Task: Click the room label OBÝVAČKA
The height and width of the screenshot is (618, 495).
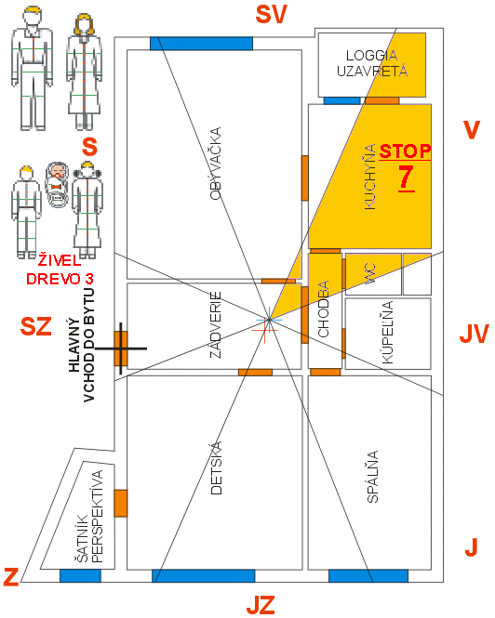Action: (x=216, y=164)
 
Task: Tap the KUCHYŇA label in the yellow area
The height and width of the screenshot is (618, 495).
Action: (x=370, y=177)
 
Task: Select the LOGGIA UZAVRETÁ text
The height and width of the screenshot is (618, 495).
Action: (x=372, y=63)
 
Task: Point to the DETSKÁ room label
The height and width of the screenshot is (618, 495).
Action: (x=216, y=467)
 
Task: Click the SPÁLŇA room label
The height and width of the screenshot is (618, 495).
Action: (x=372, y=477)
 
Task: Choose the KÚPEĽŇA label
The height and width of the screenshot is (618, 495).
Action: (x=388, y=333)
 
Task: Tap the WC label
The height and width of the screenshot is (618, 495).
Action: (x=370, y=273)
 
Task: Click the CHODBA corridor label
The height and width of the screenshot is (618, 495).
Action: (x=323, y=309)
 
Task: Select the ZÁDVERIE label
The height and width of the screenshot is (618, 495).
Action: (x=216, y=324)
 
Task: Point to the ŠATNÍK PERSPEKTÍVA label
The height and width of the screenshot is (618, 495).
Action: (x=89, y=517)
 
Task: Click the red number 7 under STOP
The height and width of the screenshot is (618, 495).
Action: (x=406, y=178)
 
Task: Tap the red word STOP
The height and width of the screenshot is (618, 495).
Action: (x=405, y=151)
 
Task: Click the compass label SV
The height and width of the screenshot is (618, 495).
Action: (x=271, y=14)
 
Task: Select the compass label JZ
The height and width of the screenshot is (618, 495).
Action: (x=261, y=605)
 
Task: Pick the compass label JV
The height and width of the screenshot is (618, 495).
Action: (x=475, y=335)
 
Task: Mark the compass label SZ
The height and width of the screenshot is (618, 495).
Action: (x=36, y=326)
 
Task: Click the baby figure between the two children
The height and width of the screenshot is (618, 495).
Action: (x=58, y=185)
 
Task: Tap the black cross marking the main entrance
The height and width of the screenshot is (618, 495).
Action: (x=121, y=348)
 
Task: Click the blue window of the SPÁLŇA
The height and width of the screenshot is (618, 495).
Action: (x=368, y=576)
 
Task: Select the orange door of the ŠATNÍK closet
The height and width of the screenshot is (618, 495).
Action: (x=121, y=504)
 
